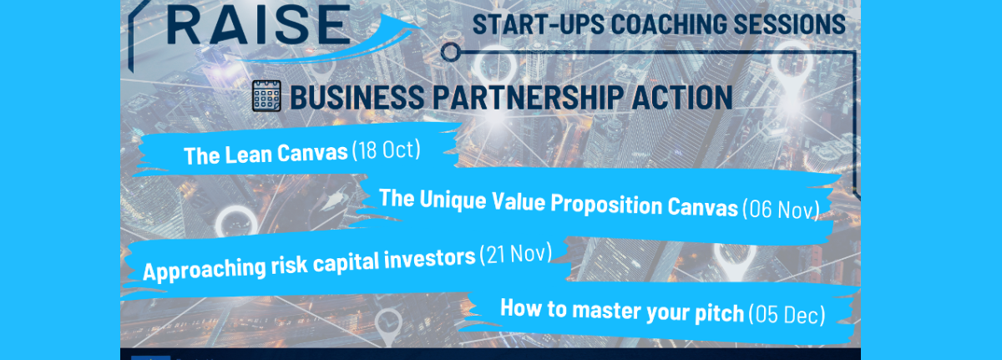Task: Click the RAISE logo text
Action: (x=259, y=26)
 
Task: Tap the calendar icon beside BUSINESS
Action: (x=266, y=96)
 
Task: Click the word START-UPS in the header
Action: (x=539, y=24)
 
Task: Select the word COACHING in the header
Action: (x=669, y=24)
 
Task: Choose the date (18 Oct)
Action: (x=387, y=150)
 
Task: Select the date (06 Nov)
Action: (x=781, y=209)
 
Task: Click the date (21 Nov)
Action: (x=516, y=254)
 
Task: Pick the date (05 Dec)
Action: (x=787, y=314)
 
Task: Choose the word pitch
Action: (x=719, y=312)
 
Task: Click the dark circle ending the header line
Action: (x=450, y=52)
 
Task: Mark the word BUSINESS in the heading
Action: (x=357, y=97)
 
